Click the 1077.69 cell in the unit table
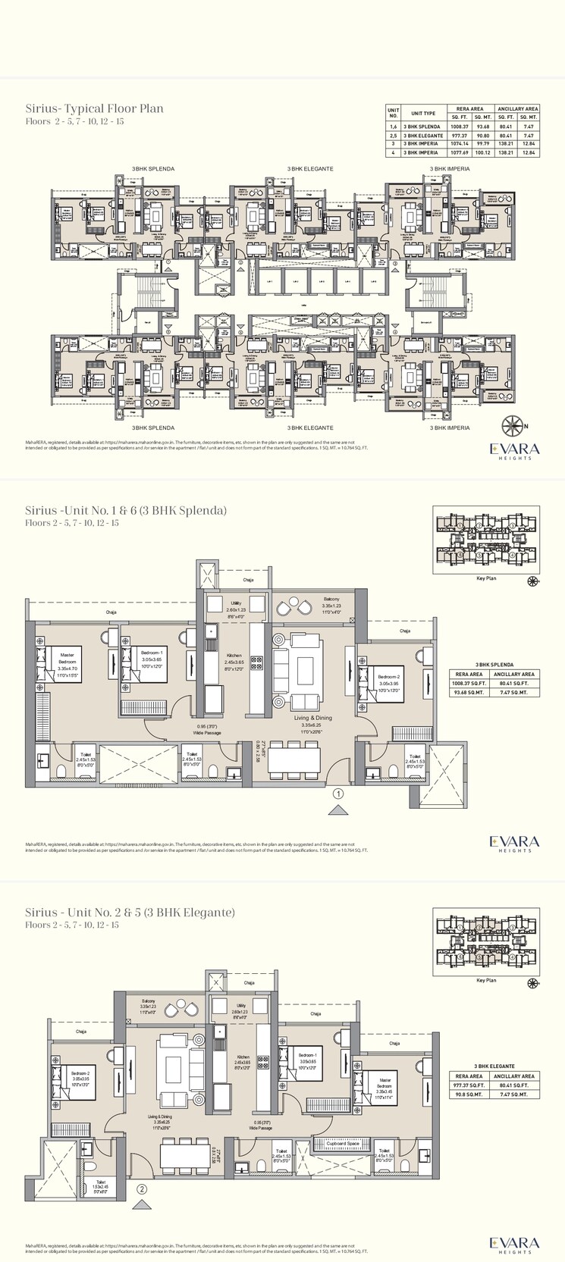pos(460,152)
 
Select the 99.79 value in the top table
pos(482,143)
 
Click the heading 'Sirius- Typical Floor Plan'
pos(94,108)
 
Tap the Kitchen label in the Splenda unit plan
pos(234,658)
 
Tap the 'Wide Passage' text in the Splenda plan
pos(208,733)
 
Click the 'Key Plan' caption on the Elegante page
pos(485,980)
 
